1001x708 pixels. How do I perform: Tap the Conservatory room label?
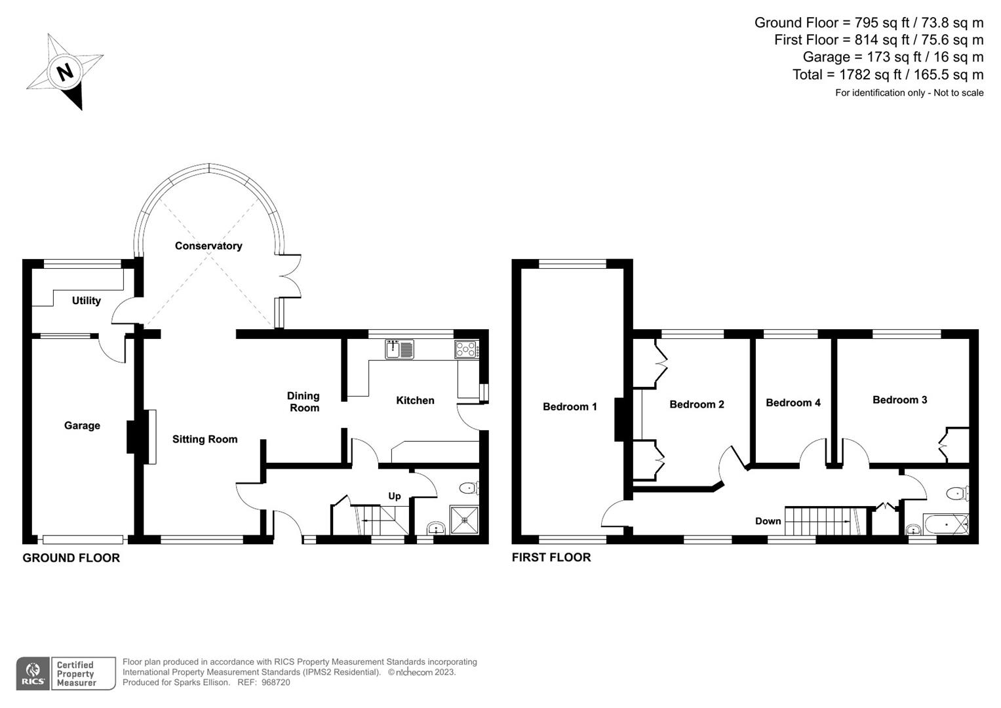coord(208,246)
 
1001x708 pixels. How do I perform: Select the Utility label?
coord(86,300)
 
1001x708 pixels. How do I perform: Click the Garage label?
coord(82,425)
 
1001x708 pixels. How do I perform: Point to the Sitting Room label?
coord(205,439)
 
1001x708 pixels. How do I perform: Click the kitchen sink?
coord(400,349)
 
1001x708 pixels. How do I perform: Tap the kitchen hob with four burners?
coord(466,349)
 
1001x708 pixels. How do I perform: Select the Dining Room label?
coord(304,402)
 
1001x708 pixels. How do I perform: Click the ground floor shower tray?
coord(464,519)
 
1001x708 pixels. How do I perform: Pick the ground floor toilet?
coord(469,488)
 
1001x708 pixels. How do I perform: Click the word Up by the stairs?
coord(394,496)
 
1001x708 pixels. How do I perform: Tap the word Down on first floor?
coord(768,521)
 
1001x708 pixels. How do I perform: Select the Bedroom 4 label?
coord(793,403)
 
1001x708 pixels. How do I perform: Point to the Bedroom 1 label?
coord(570,406)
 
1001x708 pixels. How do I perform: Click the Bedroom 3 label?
coord(899,400)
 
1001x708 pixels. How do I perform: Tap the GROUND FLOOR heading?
coord(71,558)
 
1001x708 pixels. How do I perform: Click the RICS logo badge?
coord(33,673)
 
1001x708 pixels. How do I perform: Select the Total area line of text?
coord(888,75)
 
